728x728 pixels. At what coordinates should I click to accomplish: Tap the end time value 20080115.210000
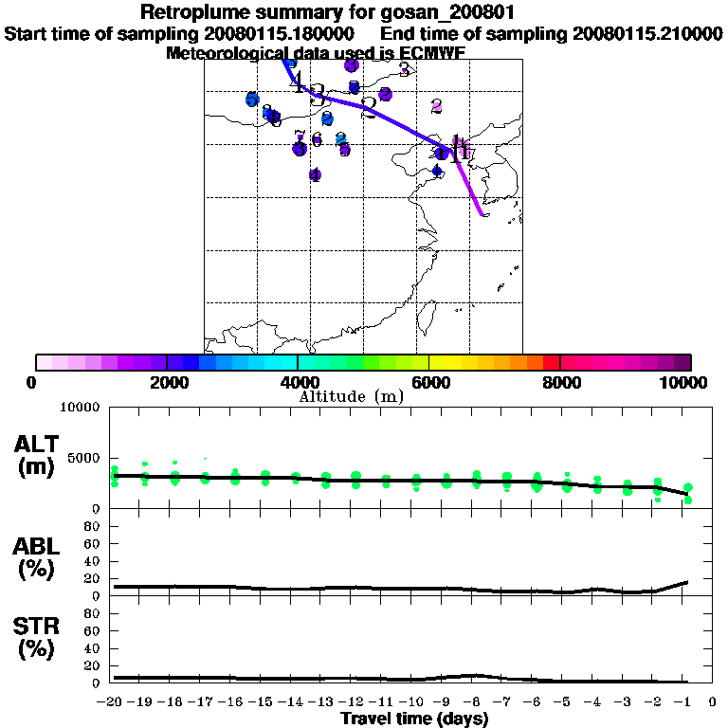pyautogui.click(x=646, y=33)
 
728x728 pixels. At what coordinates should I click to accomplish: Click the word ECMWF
pyautogui.click(x=431, y=53)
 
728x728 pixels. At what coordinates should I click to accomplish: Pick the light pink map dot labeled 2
pyautogui.click(x=436, y=106)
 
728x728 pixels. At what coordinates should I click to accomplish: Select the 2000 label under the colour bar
pyautogui.click(x=167, y=382)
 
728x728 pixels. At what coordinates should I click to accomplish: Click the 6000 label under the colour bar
pyautogui.click(x=429, y=382)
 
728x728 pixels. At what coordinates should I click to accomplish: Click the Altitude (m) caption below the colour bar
pyautogui.click(x=351, y=396)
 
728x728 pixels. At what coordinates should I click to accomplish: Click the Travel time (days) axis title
pyautogui.click(x=414, y=719)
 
